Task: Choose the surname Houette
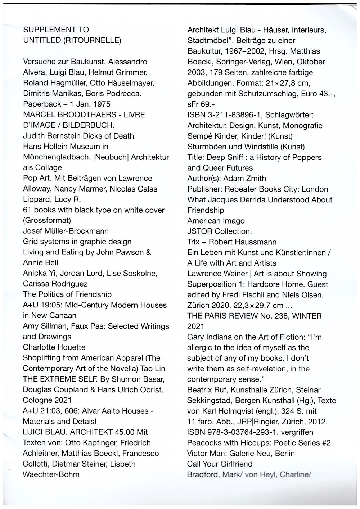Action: (68, 347)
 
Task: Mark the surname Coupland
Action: (64, 389)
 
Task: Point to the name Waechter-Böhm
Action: (51, 474)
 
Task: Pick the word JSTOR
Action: (199, 231)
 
